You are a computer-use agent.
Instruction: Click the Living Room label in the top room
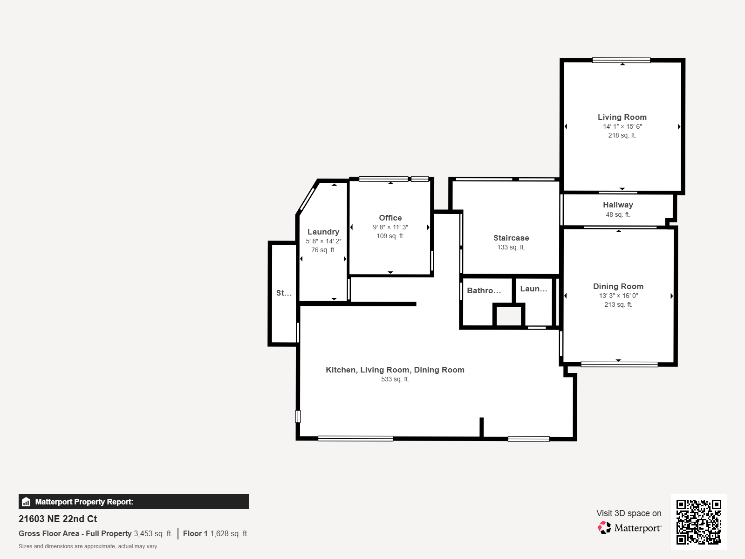pyautogui.click(x=622, y=117)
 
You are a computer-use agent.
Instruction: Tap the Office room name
pyautogui.click(x=390, y=218)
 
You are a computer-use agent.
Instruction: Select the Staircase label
pyautogui.click(x=511, y=238)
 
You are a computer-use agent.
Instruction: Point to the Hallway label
pyautogui.click(x=618, y=205)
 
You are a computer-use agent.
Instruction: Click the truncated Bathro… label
pyautogui.click(x=484, y=290)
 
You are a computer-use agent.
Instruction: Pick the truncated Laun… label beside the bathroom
pyautogui.click(x=533, y=289)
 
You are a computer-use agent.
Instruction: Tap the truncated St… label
pyautogui.click(x=284, y=293)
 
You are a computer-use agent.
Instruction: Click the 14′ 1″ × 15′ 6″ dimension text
pyautogui.click(x=622, y=126)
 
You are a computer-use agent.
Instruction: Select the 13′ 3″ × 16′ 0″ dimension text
pyautogui.click(x=618, y=296)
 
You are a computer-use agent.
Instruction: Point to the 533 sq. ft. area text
pyautogui.click(x=395, y=379)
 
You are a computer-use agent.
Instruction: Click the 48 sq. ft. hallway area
pyautogui.click(x=618, y=214)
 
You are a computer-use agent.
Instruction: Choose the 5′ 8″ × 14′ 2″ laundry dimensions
pyautogui.click(x=323, y=241)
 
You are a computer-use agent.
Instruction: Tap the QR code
pyautogui.click(x=698, y=522)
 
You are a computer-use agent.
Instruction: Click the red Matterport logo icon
pyautogui.click(x=604, y=527)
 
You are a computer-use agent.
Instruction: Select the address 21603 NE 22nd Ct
pyautogui.click(x=58, y=519)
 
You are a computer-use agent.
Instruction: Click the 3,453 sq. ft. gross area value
pyautogui.click(x=153, y=533)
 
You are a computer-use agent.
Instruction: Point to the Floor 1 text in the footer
pyautogui.click(x=195, y=533)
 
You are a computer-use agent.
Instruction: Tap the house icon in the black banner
pyautogui.click(x=26, y=502)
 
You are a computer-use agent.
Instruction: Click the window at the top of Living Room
pyautogui.click(x=621, y=61)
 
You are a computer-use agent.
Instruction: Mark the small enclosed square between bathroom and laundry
pyautogui.click(x=508, y=316)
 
